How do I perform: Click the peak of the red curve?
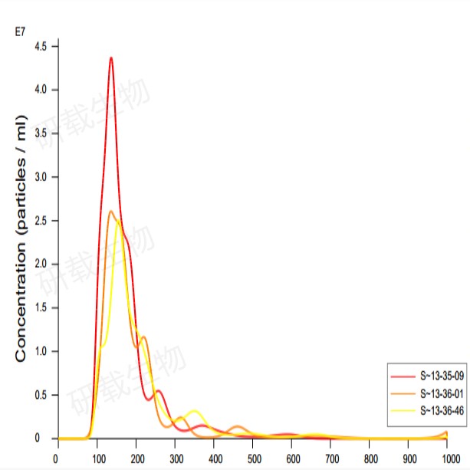pyautogui.click(x=111, y=58)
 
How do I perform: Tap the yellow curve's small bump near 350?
pyautogui.click(x=194, y=412)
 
